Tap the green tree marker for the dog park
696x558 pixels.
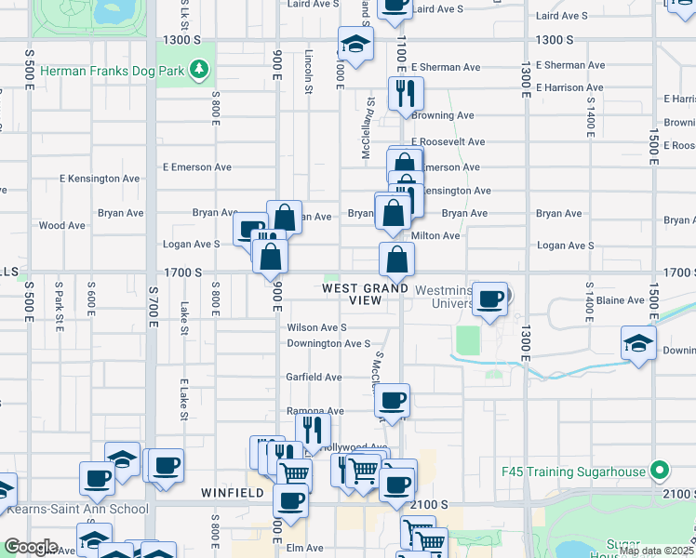pyautogui.click(x=197, y=70)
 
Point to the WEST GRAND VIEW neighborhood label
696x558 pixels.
pyautogui.click(x=365, y=294)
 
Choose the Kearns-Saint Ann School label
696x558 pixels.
pyautogui.click(x=78, y=509)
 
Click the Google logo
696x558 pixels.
pyautogui.click(x=30, y=547)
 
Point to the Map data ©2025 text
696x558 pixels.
pyautogui.click(x=656, y=550)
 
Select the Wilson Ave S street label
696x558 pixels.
pyautogui.click(x=316, y=327)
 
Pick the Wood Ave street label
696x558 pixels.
pyautogui.click(x=62, y=225)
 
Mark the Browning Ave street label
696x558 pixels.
pyautogui.click(x=444, y=115)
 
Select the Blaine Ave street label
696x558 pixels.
pyautogui.click(x=621, y=300)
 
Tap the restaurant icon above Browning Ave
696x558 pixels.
pyautogui.click(x=406, y=94)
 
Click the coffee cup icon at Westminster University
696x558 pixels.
pyautogui.click(x=490, y=299)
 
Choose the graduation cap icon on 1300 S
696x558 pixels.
pyautogui.click(x=355, y=45)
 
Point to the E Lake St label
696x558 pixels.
pyautogui.click(x=184, y=398)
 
